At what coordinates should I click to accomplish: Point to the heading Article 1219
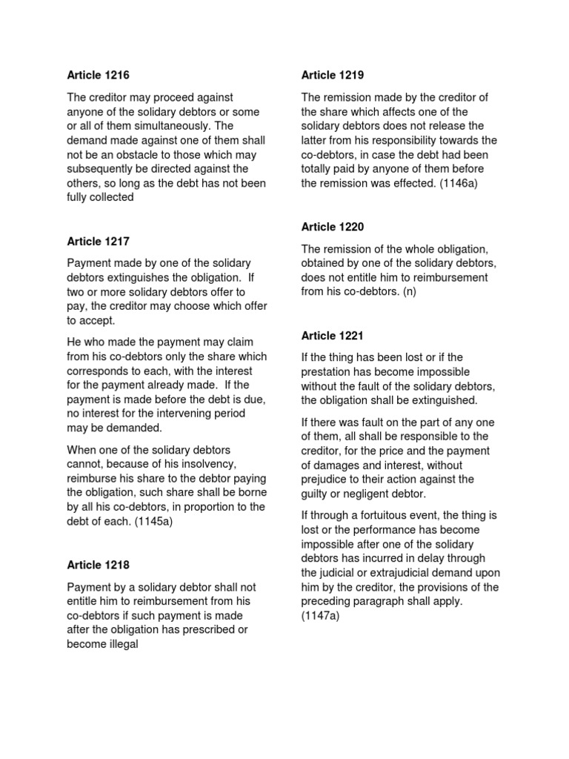click(x=333, y=75)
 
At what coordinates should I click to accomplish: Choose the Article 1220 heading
click(x=333, y=227)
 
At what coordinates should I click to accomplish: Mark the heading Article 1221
click(x=333, y=336)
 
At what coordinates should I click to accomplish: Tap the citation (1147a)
click(x=320, y=616)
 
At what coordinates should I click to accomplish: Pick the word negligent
click(x=376, y=494)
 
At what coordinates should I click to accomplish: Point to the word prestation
click(x=327, y=371)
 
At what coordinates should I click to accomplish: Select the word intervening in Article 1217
click(x=173, y=414)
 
